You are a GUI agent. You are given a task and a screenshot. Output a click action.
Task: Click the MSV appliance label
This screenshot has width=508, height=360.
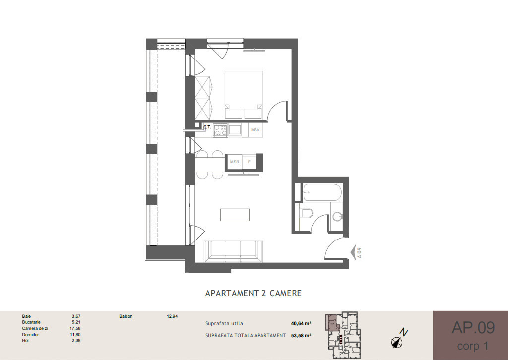point(255,130)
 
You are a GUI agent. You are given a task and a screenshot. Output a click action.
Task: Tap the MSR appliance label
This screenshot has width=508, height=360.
point(235,162)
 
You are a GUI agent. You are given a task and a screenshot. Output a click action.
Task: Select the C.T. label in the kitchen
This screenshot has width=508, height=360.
point(207,127)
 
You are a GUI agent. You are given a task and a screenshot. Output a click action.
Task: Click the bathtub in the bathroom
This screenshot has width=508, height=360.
point(322,192)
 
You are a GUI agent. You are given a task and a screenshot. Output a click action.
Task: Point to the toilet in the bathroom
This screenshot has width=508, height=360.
point(306,213)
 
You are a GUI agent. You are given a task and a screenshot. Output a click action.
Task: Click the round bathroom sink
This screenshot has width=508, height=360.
point(337,216)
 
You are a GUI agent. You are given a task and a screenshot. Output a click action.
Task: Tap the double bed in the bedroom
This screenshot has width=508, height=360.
point(243,95)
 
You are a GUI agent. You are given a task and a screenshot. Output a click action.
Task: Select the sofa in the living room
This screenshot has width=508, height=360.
point(233,251)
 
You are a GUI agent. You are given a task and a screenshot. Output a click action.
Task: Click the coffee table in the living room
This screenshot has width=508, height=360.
point(235,215)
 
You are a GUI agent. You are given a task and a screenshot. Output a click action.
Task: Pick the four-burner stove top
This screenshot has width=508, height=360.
point(220,130)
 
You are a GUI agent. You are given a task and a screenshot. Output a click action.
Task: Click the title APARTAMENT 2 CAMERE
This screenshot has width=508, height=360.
point(254,293)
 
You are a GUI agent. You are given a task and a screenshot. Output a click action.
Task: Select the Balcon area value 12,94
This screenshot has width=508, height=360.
point(172,316)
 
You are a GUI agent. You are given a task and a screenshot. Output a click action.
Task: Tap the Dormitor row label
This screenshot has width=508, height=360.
point(30,334)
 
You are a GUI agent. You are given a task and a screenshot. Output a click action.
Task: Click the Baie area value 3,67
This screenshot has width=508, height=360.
point(76,316)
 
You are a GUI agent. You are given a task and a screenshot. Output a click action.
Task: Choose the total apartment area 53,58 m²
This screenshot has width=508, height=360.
point(301,335)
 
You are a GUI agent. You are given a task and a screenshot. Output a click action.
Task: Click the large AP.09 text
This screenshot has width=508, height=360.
point(473,328)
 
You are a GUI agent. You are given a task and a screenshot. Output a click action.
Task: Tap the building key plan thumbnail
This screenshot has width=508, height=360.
point(343,331)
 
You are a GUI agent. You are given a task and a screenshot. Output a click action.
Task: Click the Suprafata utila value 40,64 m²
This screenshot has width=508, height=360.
point(301,323)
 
